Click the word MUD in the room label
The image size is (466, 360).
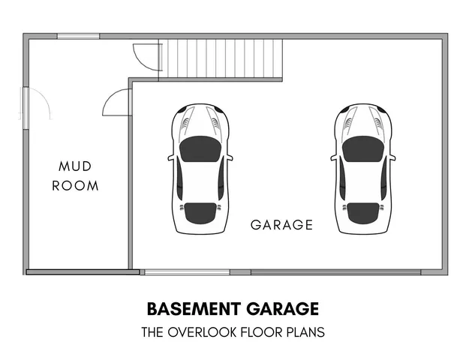point(75,166)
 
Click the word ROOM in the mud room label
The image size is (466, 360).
point(75,185)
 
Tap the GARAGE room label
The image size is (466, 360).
point(281,224)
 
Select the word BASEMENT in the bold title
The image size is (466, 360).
point(193,308)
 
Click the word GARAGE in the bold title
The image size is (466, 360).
point(282,308)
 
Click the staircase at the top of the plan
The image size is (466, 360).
point(225,58)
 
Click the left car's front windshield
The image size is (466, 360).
point(200,148)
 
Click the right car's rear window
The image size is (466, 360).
point(363,213)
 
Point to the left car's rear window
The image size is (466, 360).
point(200,213)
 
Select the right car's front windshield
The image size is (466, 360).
point(363,148)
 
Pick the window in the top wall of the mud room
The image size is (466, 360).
point(78,36)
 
